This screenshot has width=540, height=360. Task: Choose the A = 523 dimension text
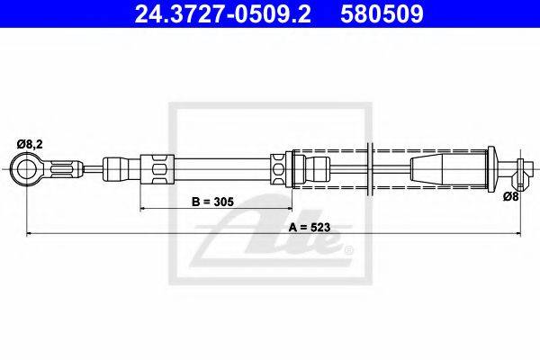coord(309,228)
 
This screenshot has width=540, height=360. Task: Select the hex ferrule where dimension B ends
coord(279,167)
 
